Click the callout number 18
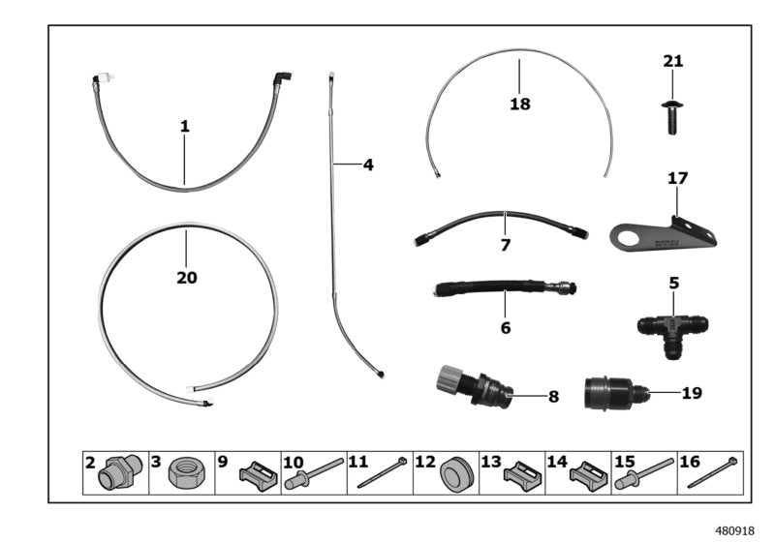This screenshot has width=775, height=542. click(x=520, y=104)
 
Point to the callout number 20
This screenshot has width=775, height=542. click(x=186, y=278)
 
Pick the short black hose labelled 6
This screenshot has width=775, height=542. click(x=503, y=287)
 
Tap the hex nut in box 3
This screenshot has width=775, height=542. click(x=184, y=474)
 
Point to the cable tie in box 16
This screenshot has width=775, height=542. click(x=718, y=474)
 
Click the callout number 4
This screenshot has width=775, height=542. click(x=368, y=166)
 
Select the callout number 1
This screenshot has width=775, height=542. click(x=184, y=126)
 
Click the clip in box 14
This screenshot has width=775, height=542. click(x=587, y=475)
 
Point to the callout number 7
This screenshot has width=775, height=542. click(x=505, y=246)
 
